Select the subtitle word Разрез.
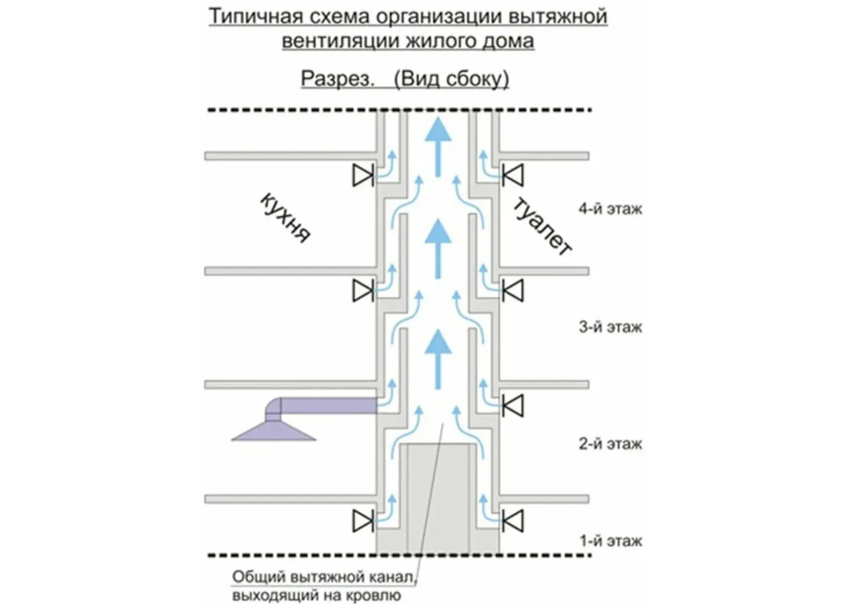coord(337,78)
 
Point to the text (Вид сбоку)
coord(451,79)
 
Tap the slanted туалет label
coord(542,227)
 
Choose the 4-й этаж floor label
coord(610,209)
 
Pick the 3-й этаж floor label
coord(610,327)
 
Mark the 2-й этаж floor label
coord(610,444)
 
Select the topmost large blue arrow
coord(438,147)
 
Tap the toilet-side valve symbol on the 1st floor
coord(513,521)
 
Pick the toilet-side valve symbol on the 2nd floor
coord(513,405)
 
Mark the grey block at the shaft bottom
coord(438,498)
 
